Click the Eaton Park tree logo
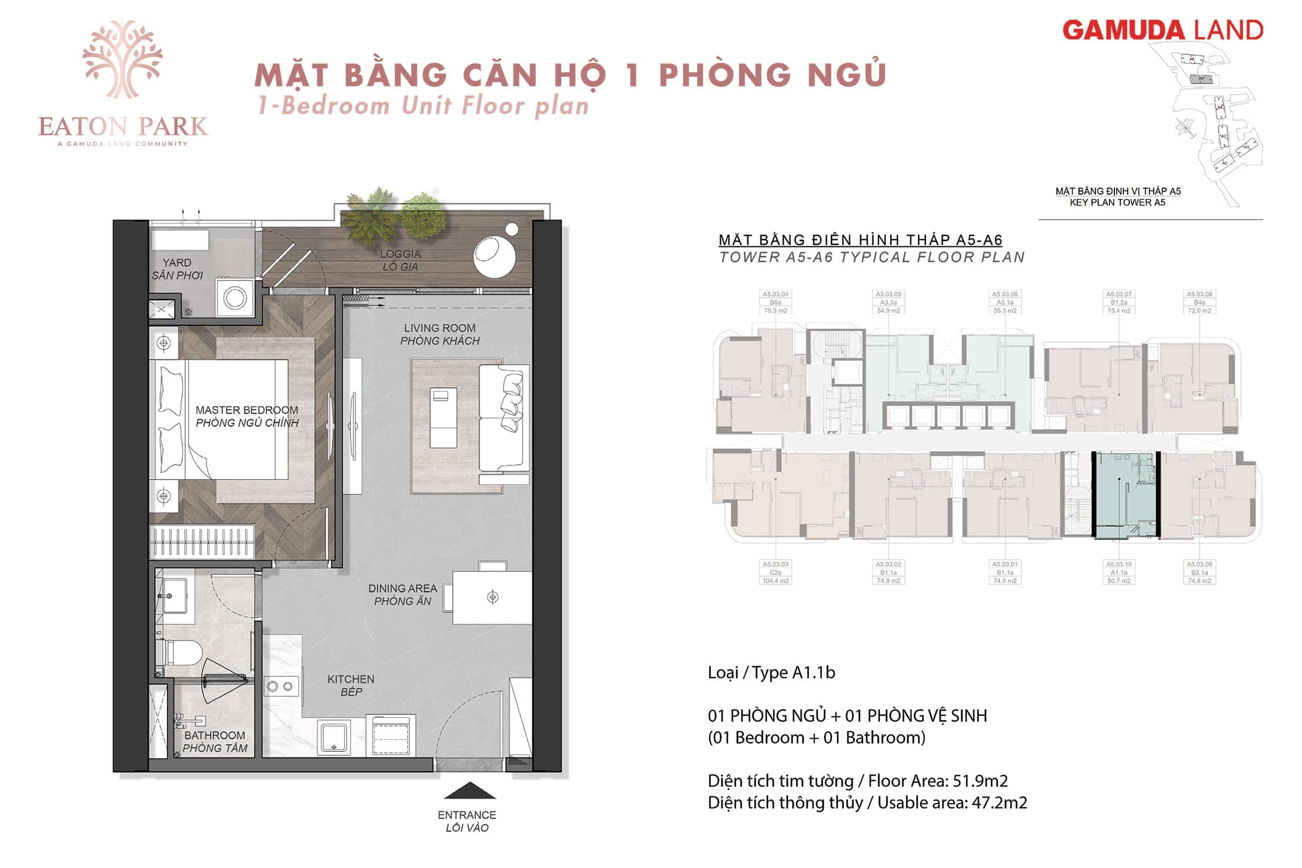123,59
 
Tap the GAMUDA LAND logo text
1162,30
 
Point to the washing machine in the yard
235,297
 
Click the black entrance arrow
469,790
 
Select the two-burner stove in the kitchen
280,686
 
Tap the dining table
492,597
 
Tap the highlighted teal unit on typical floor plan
1124,494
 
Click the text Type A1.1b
771,673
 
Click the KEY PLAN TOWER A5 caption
1117,202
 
